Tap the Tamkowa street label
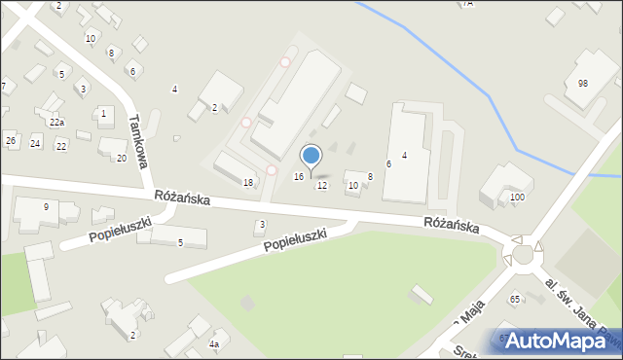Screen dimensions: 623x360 tap(137, 139)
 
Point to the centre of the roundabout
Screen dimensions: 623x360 tap(525, 255)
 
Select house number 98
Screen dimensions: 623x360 tap(582, 84)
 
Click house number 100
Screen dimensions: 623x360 tap(517, 198)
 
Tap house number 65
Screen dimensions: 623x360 tap(514, 300)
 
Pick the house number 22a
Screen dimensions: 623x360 tap(56, 123)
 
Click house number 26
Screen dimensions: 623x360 tap(11, 141)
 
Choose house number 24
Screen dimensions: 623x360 tap(35, 143)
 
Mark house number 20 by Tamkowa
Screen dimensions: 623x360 tap(122, 158)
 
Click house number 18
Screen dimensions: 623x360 tap(248, 183)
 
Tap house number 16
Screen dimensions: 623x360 tap(299, 176)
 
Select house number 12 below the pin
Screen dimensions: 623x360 tap(322, 185)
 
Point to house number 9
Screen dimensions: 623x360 tap(45, 206)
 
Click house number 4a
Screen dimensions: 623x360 tap(214, 344)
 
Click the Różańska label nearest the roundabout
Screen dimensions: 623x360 tap(451, 225)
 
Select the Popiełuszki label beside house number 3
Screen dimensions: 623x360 tap(306, 239)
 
